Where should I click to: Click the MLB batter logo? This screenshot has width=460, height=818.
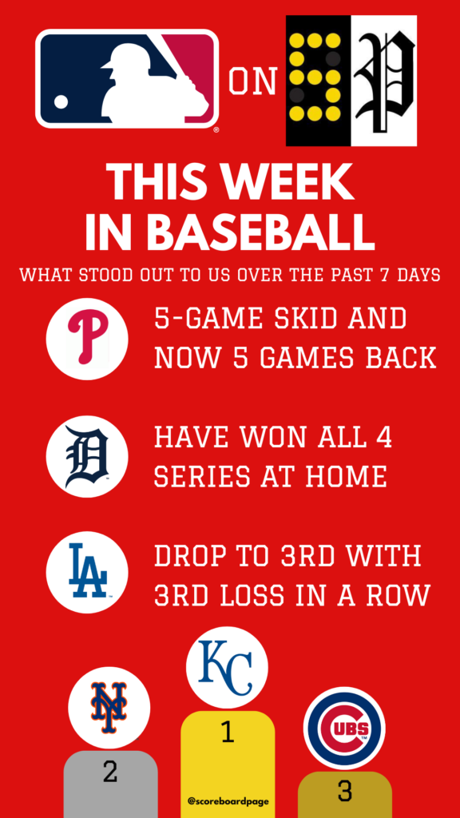coord(127,79)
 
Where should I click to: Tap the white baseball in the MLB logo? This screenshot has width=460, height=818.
coord(61,101)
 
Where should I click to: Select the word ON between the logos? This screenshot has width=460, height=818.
coord(252,82)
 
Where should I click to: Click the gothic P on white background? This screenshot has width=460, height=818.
coord(384,81)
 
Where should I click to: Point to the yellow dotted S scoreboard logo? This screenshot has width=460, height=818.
coord(318,81)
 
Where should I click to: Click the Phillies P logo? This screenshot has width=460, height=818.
coord(87,339)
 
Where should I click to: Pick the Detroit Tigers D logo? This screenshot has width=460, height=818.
coord(87,456)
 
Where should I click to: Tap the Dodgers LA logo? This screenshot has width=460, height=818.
coord(87,572)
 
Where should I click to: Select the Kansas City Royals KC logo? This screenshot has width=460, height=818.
coord(227,667)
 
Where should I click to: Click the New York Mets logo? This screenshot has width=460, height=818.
coord(109,708)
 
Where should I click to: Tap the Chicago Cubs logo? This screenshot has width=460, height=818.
coord(344,728)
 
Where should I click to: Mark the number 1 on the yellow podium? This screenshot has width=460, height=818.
coord(227,733)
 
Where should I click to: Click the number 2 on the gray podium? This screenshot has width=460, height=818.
coord(109,772)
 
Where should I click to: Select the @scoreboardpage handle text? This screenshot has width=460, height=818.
coord(228,800)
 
